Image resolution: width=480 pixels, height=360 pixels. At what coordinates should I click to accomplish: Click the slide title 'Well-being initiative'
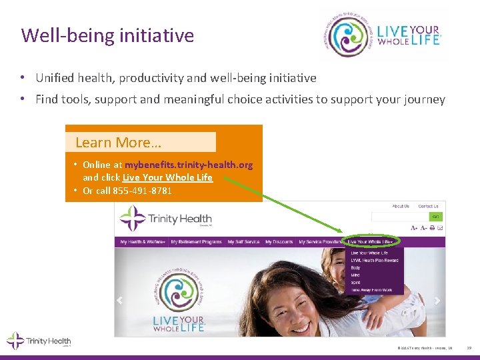tap(107, 35)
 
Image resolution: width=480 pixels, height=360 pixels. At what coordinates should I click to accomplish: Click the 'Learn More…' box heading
tap(119, 143)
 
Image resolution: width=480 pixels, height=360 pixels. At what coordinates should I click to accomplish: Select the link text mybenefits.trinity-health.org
tap(189, 165)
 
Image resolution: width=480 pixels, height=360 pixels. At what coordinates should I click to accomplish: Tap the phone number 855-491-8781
tap(142, 191)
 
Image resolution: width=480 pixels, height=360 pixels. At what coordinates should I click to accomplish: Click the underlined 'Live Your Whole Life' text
tap(167, 177)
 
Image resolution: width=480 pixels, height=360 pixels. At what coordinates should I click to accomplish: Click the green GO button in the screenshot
tap(435, 217)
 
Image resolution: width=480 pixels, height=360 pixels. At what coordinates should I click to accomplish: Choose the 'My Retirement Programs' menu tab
tap(196, 242)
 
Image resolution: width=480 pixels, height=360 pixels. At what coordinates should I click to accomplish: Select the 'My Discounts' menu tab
tap(279, 242)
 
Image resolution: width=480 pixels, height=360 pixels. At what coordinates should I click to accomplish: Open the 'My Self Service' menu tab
tap(243, 242)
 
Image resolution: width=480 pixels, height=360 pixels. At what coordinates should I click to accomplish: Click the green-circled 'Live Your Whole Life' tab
tap(370, 241)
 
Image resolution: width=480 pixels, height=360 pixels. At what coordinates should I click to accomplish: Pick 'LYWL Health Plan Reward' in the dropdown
tap(374, 260)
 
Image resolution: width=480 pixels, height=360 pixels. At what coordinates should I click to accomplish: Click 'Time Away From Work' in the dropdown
tap(372, 290)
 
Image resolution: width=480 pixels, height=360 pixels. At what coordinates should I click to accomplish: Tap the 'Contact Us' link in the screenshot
tap(428, 206)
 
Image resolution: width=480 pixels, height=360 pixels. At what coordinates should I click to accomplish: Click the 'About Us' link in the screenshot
tap(401, 206)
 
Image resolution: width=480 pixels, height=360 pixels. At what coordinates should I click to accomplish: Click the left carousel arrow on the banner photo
tap(120, 301)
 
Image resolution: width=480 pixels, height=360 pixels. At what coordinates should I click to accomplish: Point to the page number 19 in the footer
tap(469, 348)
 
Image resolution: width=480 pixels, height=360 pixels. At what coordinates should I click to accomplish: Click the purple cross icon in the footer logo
tap(15, 341)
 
